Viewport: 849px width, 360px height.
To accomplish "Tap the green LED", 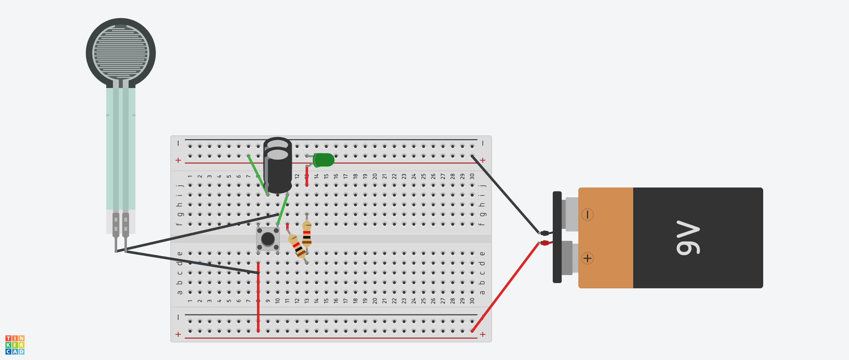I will point(324,160).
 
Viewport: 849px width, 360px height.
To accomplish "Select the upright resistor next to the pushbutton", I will point(307,234).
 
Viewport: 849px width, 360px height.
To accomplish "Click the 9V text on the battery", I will point(688,238).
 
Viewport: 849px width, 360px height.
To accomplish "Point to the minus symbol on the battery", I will point(587,214).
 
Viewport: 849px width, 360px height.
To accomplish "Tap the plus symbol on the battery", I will point(587,258).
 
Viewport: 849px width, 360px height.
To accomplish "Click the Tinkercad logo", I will point(15,345).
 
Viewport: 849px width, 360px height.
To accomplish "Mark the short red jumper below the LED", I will point(307,175).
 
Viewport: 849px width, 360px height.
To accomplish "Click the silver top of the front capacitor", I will point(278,154).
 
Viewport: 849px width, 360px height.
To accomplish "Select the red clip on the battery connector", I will point(545,243).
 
